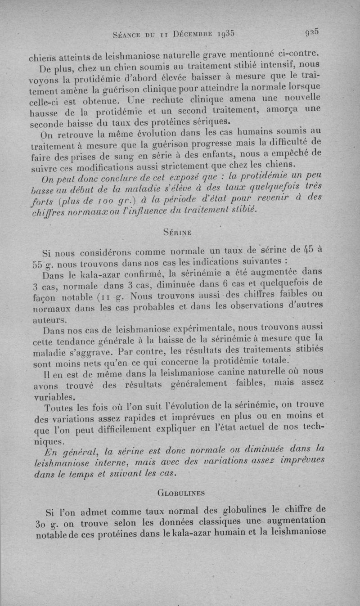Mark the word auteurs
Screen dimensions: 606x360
click(x=50, y=319)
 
